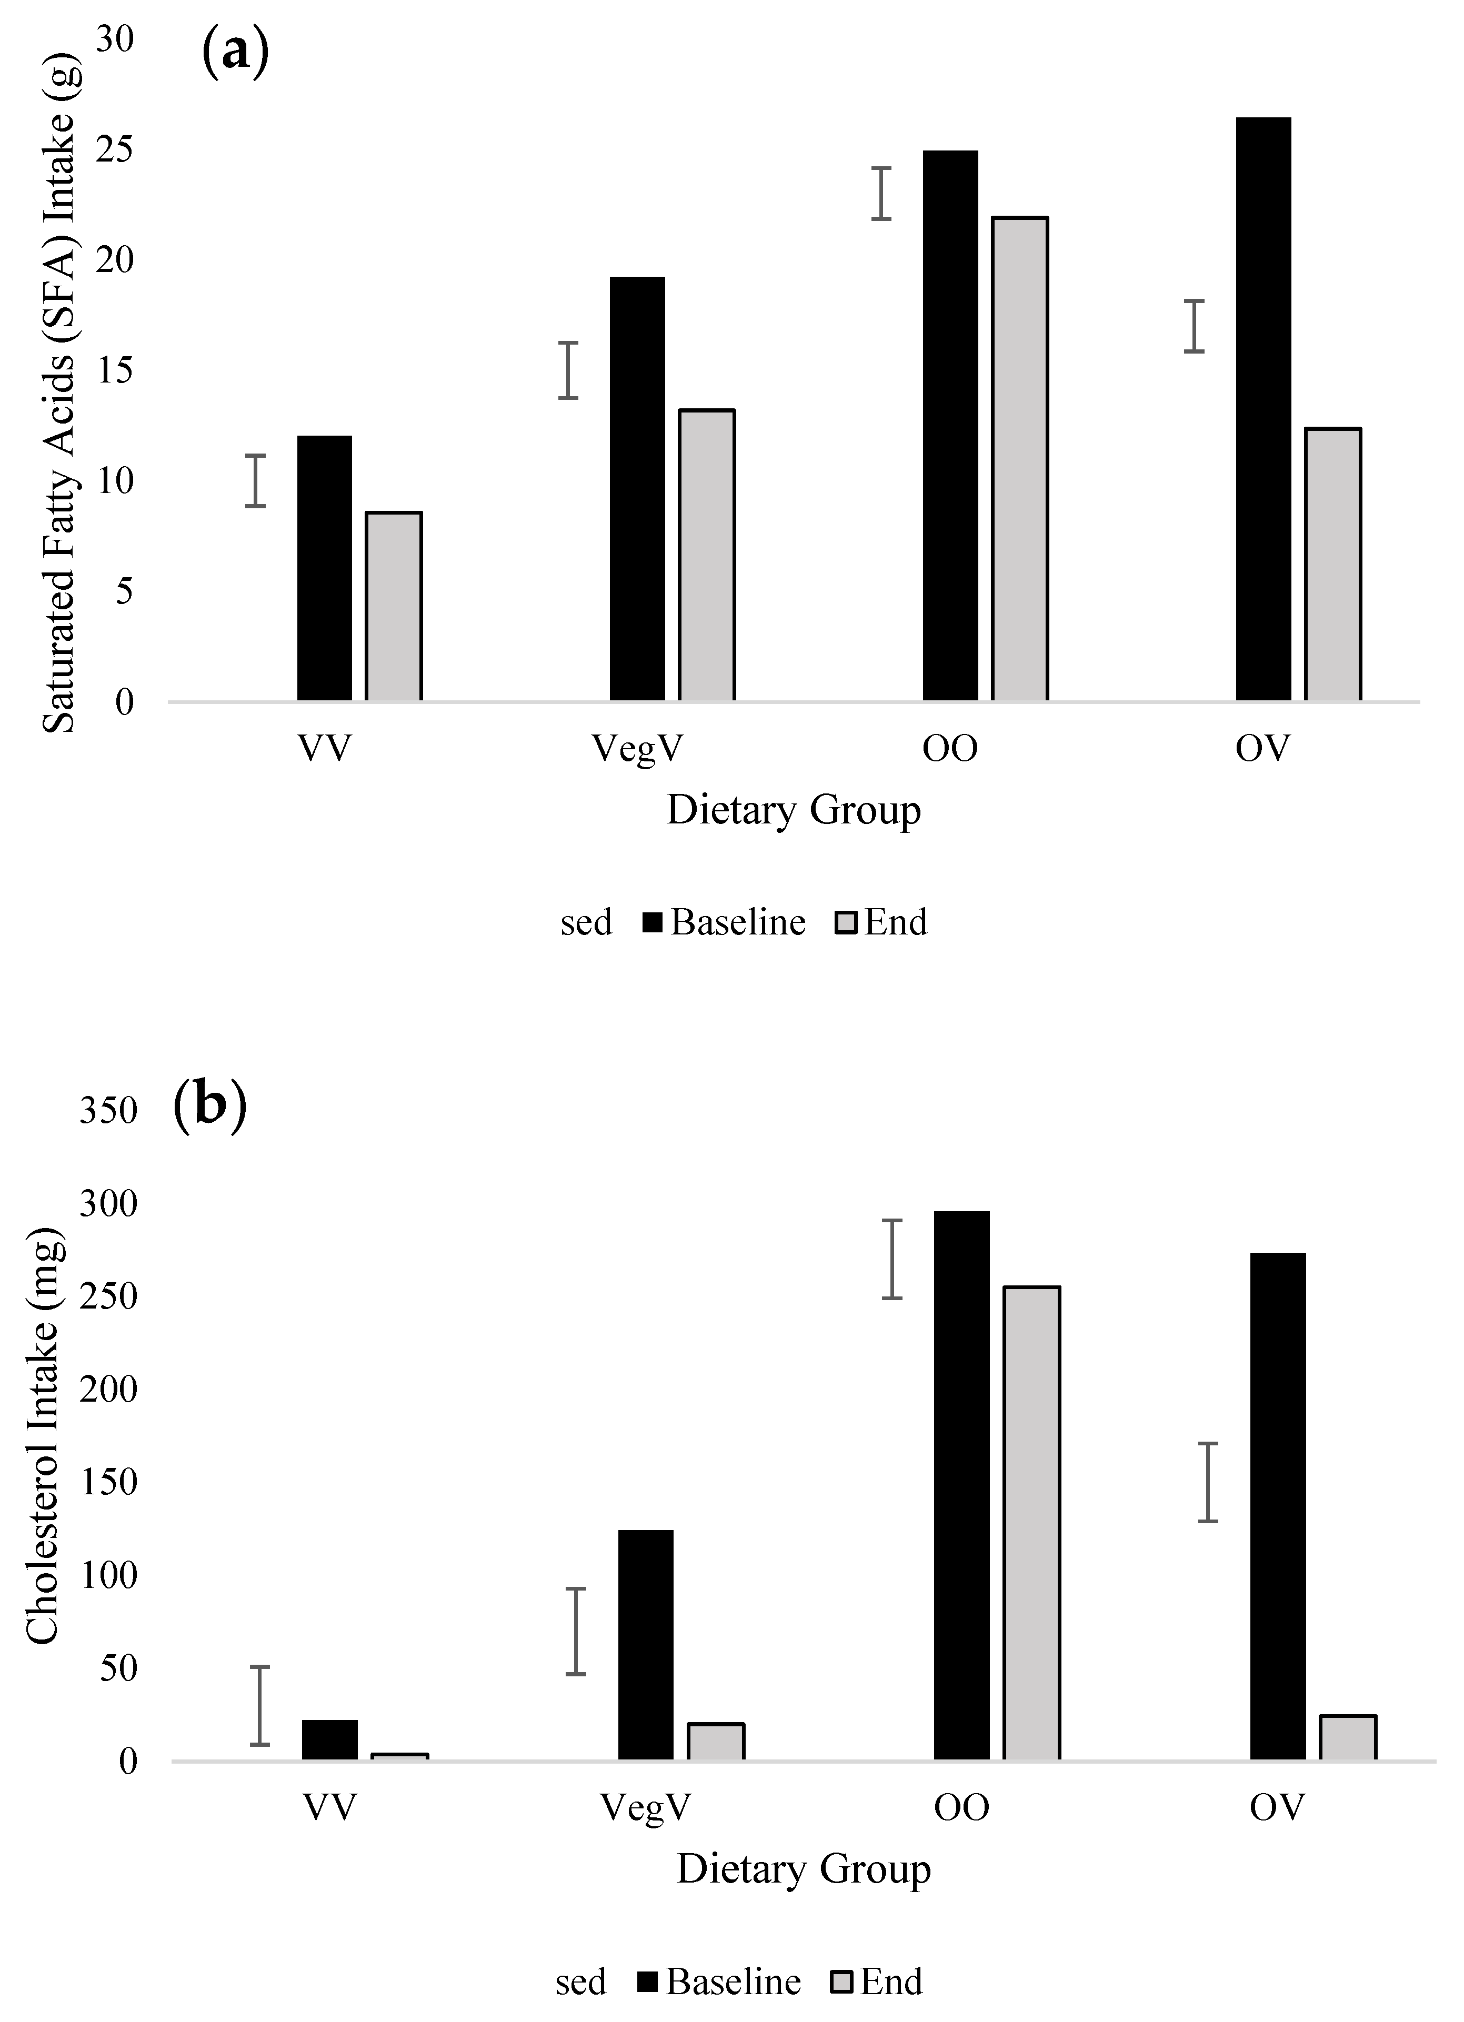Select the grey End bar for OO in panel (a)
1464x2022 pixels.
point(1020,459)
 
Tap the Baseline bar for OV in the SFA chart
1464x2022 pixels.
point(1264,409)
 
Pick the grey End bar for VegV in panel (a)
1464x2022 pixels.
point(707,556)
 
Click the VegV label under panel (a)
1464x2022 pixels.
point(637,749)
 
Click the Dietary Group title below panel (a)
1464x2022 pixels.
point(794,810)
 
